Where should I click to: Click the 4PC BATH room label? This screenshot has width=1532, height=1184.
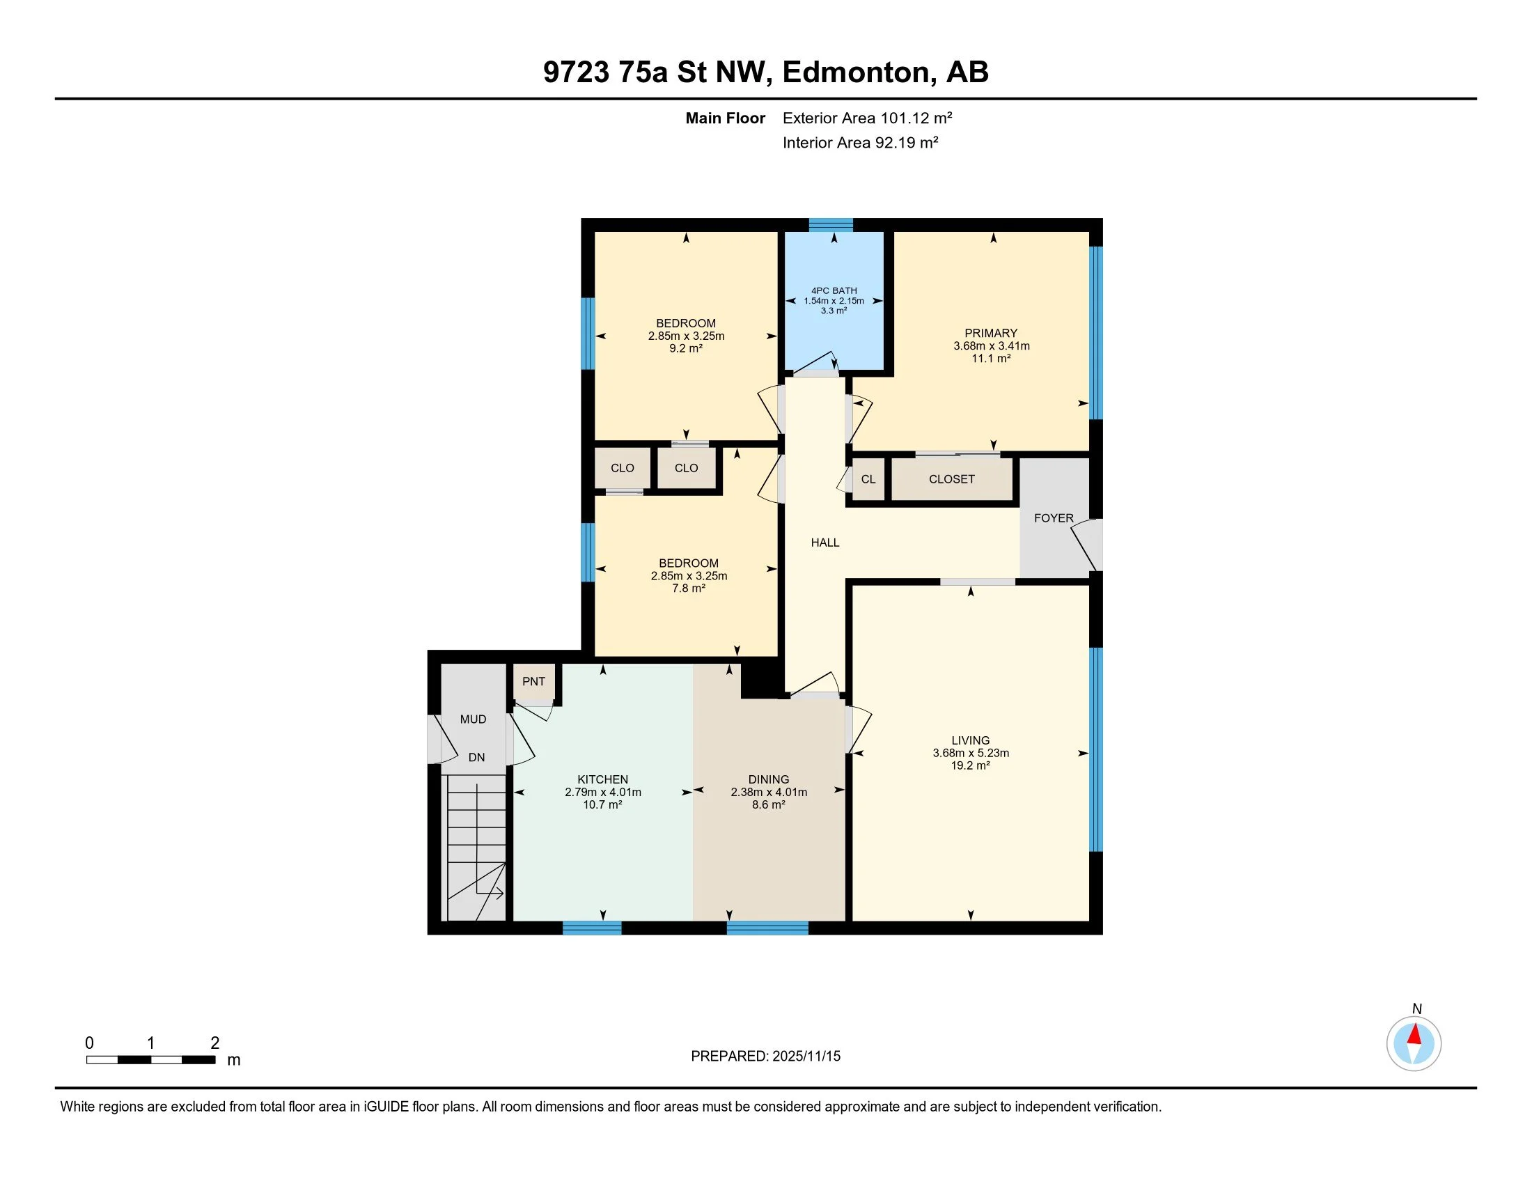click(834, 290)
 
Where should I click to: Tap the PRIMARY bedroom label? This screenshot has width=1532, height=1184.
click(990, 333)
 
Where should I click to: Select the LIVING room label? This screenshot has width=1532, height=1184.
click(971, 740)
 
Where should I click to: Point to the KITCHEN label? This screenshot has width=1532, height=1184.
click(602, 779)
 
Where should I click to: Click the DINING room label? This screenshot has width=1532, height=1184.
click(769, 779)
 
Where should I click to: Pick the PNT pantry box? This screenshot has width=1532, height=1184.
click(534, 681)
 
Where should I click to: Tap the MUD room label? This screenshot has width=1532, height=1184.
click(473, 719)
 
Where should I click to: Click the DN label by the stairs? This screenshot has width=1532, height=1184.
click(477, 757)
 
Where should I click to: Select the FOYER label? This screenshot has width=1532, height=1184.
click(1054, 517)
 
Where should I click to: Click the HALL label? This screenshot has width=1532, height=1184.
click(825, 542)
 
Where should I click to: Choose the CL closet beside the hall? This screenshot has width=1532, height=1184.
click(868, 479)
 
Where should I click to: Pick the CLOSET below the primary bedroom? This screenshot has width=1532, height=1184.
click(952, 479)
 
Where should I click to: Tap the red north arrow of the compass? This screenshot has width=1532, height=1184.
click(1414, 1034)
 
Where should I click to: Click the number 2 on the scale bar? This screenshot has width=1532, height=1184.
click(215, 1043)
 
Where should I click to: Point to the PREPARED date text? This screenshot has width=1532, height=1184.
click(765, 1057)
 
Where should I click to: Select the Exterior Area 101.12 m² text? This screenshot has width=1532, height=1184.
click(868, 118)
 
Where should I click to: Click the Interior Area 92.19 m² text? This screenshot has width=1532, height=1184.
click(861, 142)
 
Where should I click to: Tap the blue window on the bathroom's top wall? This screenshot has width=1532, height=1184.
click(831, 225)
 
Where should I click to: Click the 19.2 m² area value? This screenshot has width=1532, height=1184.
click(971, 765)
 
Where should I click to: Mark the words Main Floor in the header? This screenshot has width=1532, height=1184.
click(726, 118)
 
